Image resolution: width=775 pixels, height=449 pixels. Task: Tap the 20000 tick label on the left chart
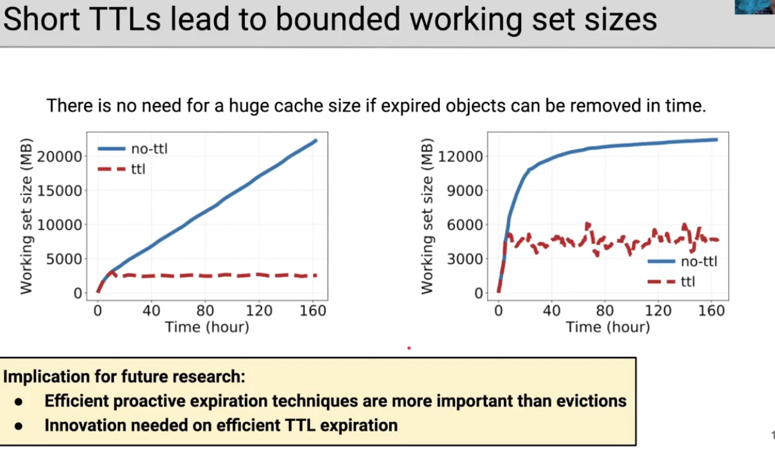pos(60,157)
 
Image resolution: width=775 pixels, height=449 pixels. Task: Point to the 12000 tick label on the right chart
pos(460,157)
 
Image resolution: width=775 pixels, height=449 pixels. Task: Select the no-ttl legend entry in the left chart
pos(133,149)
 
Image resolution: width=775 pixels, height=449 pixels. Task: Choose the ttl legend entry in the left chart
pos(121,169)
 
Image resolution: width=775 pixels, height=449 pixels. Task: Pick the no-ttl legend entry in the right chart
pos(682,261)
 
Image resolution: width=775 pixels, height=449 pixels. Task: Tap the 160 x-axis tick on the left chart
pos(313,311)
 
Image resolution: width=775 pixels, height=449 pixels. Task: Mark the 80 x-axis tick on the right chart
pos(604,311)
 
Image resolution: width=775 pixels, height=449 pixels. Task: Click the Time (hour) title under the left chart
pos(207,327)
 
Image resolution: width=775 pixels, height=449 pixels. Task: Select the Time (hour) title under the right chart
pos(608,327)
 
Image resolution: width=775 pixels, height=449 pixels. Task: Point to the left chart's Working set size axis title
pos(26,216)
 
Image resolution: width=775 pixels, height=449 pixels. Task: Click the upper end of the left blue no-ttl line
pos(316,140)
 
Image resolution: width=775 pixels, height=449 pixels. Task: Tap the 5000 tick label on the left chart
pos(64,259)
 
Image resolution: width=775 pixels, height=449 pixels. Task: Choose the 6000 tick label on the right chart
pos(465,225)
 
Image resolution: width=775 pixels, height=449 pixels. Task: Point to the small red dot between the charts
pos(409,348)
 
